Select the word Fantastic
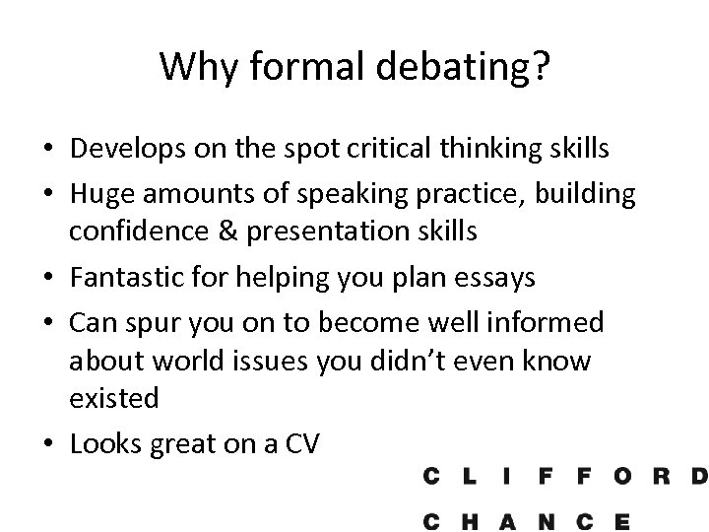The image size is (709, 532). point(125,277)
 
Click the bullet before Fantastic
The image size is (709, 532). point(49,278)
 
